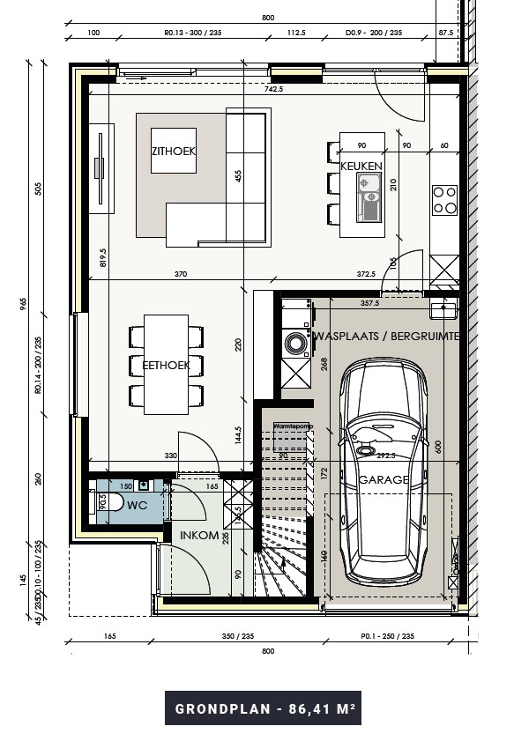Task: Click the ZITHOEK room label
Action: pos(173,152)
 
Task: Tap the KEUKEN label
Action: pos(361,166)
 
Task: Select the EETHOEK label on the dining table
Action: pos(168,364)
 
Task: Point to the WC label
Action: pos(137,506)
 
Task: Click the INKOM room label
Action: pos(199,536)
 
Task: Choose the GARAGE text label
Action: pos(384,480)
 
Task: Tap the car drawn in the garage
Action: pos(384,467)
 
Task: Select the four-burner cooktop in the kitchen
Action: pos(444,200)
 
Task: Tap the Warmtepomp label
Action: pos(293,426)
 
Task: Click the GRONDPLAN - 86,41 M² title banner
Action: pos(263,708)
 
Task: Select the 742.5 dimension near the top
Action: pos(272,89)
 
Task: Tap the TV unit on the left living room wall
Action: pos(102,167)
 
